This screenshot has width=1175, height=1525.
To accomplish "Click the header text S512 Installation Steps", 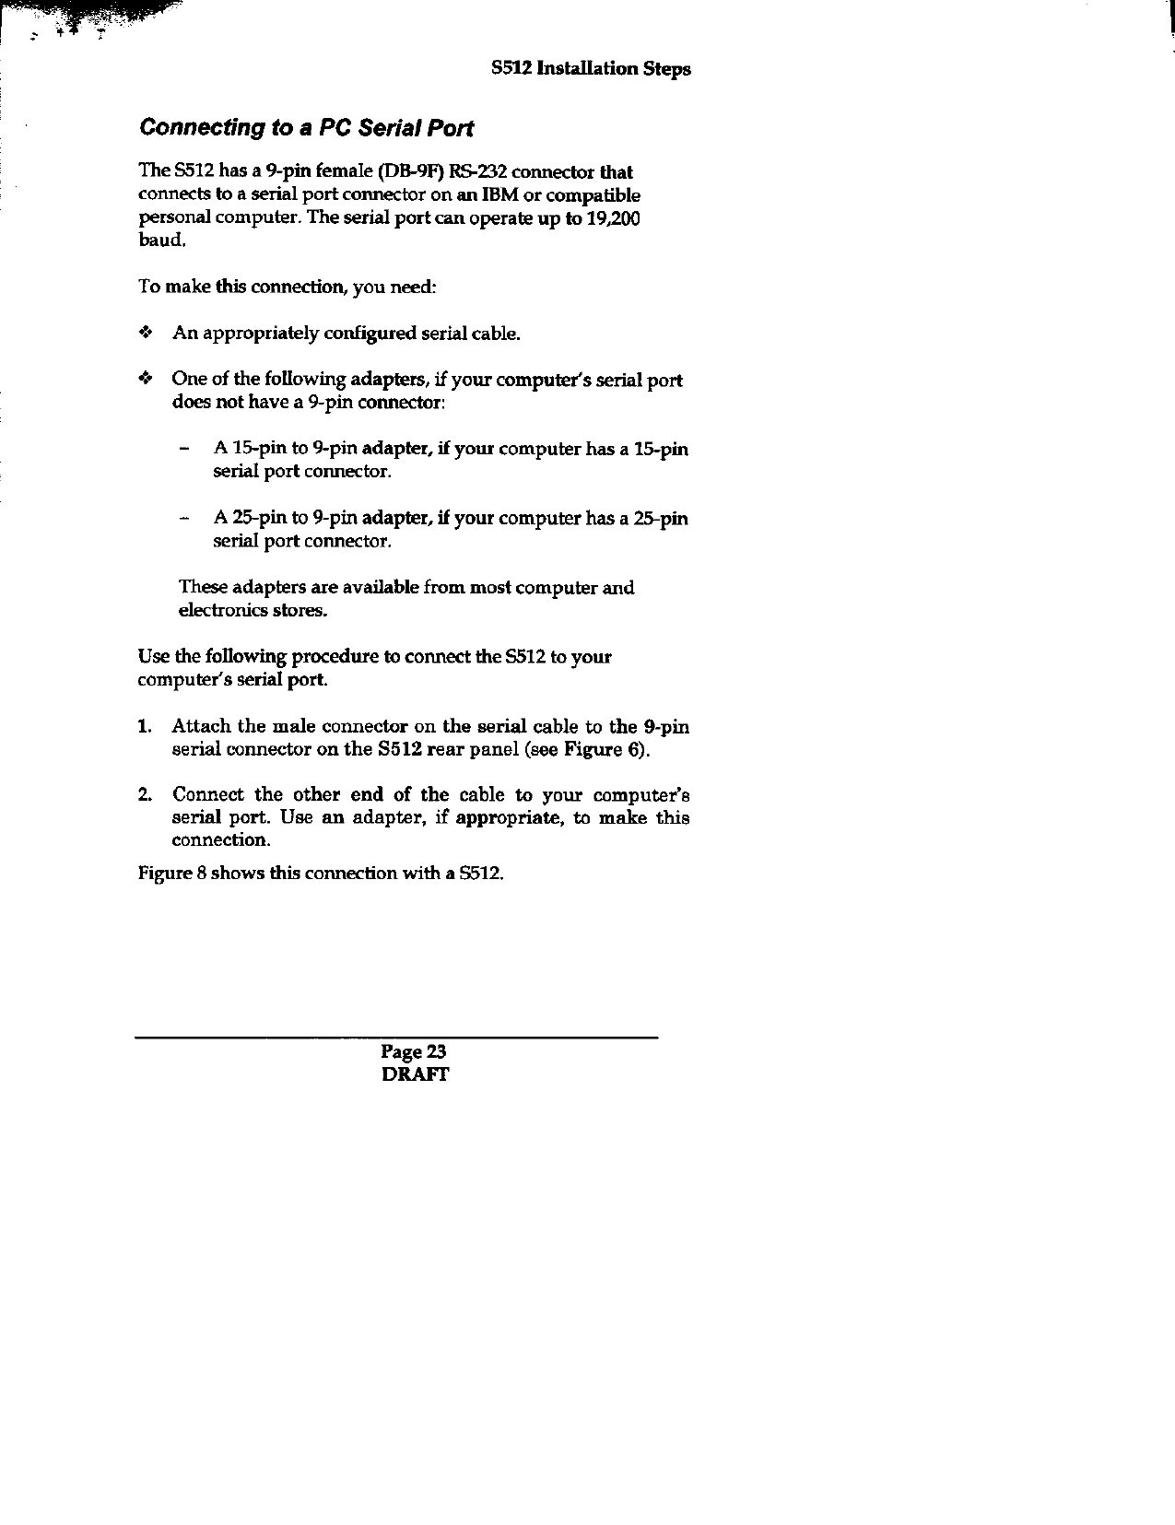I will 591,69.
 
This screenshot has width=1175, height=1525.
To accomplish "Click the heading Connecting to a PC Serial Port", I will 305,128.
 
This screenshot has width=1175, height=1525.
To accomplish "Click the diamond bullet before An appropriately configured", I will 144,333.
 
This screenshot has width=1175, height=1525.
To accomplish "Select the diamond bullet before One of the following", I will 144,379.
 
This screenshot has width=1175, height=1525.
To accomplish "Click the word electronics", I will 215,610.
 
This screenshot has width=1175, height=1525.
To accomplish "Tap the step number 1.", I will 145,727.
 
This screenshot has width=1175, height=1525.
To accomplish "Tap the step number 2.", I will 145,795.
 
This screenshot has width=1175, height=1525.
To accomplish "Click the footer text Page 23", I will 415,1052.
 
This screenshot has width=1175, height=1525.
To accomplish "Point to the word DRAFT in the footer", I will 415,1074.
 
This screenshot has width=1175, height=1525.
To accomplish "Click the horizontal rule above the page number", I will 396,1038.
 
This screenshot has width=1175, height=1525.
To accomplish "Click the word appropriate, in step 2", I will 510,818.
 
